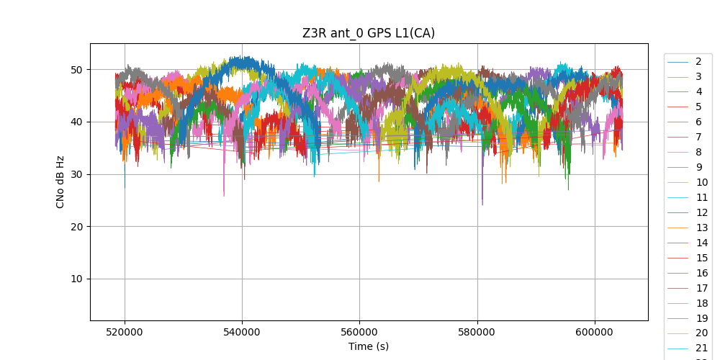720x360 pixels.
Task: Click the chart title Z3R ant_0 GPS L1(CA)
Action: pos(368,33)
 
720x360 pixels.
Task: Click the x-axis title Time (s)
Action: pos(369,346)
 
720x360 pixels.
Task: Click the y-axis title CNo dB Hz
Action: pos(60,182)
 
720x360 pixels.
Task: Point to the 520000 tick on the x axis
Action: pos(125,333)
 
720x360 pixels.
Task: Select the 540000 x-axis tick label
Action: pos(242,333)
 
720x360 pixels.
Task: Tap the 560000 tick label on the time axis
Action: pos(359,333)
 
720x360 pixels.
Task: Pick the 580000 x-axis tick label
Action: pos(477,333)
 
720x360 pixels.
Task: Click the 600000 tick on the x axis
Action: pos(595,333)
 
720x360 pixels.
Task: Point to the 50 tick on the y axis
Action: pos(76,70)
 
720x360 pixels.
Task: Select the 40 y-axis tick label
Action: pos(76,122)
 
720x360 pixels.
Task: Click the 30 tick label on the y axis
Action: pos(76,174)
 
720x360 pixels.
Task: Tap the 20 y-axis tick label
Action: pos(76,227)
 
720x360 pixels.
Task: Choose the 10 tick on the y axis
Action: pos(76,279)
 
